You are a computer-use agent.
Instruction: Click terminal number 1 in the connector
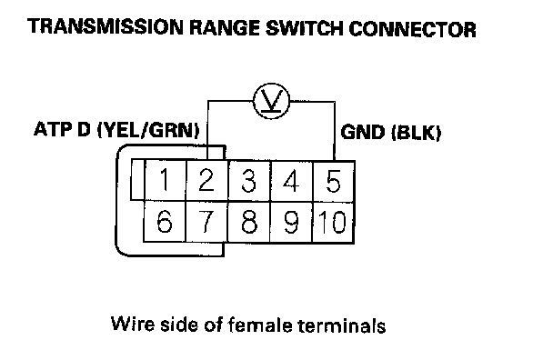point(165,181)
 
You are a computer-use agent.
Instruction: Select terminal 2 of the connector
point(207,181)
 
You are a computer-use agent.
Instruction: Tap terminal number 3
point(249,181)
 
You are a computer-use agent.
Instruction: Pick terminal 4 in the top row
point(291,181)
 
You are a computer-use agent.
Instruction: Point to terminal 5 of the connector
point(333,181)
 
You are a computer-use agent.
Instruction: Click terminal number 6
point(165,222)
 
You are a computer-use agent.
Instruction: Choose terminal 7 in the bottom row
point(206,222)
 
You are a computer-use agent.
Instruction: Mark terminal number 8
point(249,222)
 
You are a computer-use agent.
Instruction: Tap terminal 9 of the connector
point(291,222)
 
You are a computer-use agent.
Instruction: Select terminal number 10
point(333,222)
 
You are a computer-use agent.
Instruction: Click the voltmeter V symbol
point(271,101)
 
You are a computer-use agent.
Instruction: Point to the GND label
point(363,133)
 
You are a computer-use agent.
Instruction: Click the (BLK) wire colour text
point(417,134)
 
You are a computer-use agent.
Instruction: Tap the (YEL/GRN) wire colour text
point(148,130)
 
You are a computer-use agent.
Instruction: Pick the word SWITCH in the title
point(304,28)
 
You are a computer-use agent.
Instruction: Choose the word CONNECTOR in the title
point(413,29)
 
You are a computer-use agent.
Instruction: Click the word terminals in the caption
point(342,325)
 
